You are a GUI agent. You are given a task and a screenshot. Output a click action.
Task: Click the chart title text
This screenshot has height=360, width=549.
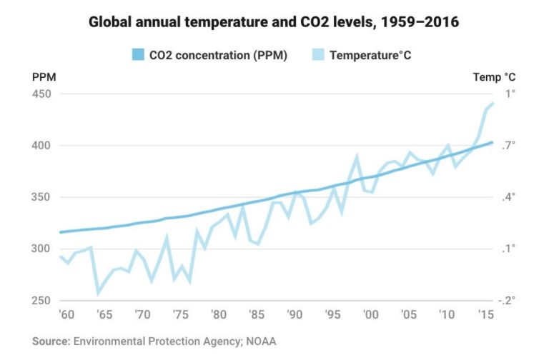(274, 22)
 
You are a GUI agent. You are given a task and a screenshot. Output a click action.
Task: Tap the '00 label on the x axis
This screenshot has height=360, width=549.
(370, 314)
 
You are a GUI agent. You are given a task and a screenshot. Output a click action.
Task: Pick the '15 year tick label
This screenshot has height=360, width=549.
(485, 314)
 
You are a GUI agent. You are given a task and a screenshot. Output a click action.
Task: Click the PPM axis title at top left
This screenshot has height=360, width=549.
(44, 76)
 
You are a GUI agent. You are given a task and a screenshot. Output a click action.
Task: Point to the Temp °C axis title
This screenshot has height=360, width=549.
(494, 76)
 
